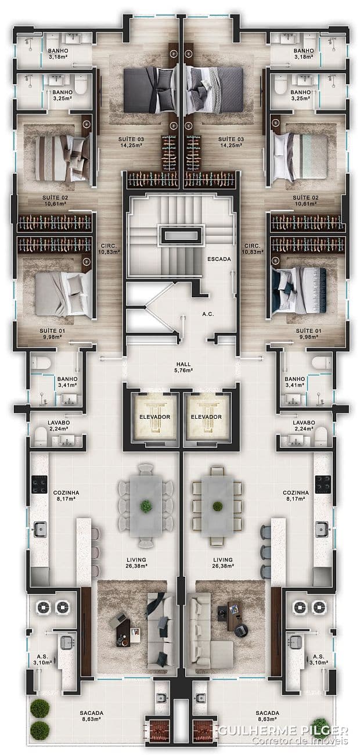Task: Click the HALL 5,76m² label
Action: [183, 367]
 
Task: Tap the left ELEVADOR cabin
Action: [154, 416]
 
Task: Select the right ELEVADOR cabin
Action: [206, 416]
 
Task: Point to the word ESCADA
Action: [219, 259]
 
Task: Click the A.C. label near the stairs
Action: [208, 314]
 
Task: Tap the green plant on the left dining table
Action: [146, 506]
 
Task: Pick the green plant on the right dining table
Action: [217, 506]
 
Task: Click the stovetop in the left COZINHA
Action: [39, 484]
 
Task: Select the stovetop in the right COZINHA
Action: [323, 484]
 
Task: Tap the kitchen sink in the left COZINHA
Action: [40, 529]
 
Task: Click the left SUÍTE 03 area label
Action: [131, 142]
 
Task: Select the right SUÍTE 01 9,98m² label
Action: [308, 334]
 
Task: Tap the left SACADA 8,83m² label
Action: [91, 716]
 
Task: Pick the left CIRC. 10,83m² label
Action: [109, 249]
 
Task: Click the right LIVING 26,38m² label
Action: [223, 563]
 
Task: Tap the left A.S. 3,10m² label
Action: [42, 659]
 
